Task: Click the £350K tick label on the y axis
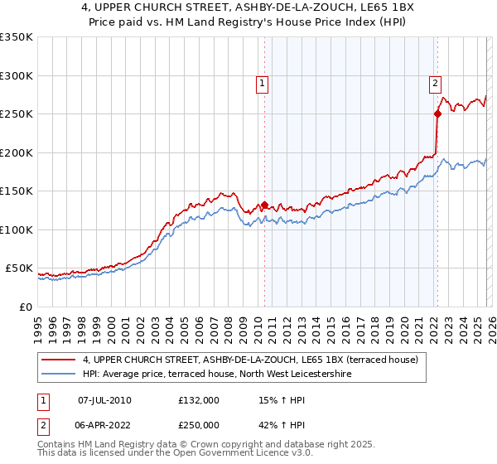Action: [16, 37]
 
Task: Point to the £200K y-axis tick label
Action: [16, 152]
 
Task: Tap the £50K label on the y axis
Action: [18, 268]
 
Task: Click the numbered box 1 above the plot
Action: [263, 82]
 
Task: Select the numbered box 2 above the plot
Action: [435, 82]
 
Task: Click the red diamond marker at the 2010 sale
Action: [264, 205]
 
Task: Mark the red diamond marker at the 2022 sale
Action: [437, 114]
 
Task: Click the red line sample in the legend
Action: [60, 360]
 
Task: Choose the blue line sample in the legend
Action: [60, 375]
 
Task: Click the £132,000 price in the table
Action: [199, 399]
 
